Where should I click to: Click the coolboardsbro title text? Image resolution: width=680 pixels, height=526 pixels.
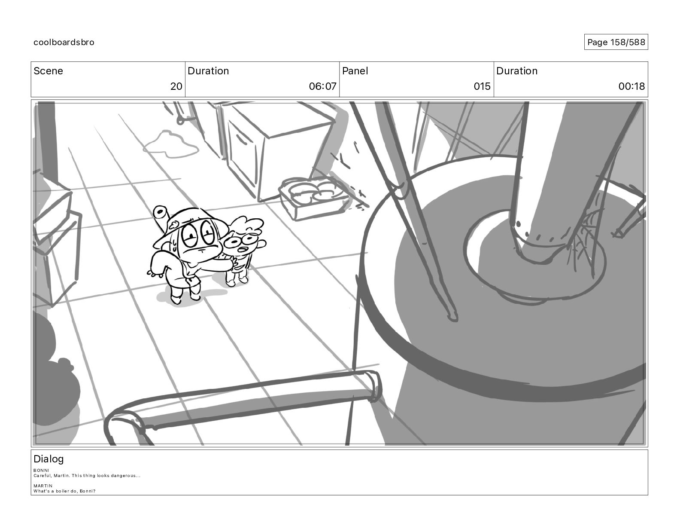tap(64, 42)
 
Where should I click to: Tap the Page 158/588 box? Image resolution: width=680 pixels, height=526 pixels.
tap(616, 42)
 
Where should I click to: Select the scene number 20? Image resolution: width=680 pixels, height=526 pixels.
tap(176, 86)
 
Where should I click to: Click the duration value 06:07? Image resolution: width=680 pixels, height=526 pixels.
tap(323, 86)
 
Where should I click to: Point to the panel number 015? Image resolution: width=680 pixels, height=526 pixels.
tap(482, 86)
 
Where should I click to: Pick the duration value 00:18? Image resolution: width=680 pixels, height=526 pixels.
tap(631, 86)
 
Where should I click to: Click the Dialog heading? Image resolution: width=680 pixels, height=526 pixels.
tap(49, 459)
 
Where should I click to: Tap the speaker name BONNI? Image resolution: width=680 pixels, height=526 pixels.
tap(41, 470)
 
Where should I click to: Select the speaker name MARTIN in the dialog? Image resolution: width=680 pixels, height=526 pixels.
tap(43, 486)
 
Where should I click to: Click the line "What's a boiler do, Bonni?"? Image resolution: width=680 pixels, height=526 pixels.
tap(64, 491)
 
